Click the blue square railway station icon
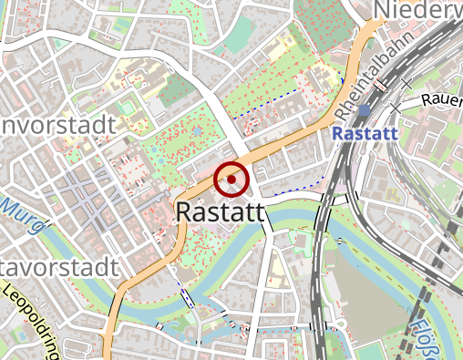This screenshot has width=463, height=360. pyautogui.click(x=365, y=110)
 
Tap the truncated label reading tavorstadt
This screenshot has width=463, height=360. pyautogui.click(x=58, y=269)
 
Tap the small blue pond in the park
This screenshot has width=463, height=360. pyautogui.click(x=196, y=131)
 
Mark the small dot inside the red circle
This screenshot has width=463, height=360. pyautogui.click(x=231, y=180)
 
